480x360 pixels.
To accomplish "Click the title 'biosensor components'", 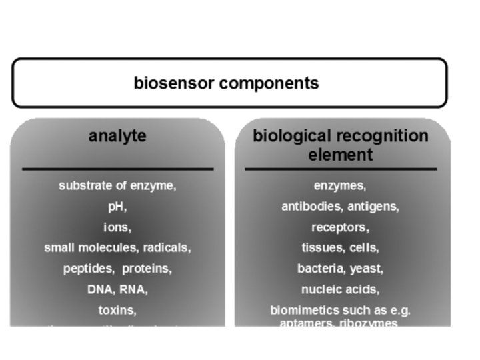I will (x=226, y=83).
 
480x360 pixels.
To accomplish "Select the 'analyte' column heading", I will (x=117, y=136).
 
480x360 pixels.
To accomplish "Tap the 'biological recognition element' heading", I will (x=340, y=145).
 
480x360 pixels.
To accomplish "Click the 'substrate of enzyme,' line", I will (x=117, y=186).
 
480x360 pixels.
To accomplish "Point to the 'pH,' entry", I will (x=117, y=207).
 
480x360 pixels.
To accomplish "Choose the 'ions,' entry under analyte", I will (x=117, y=227).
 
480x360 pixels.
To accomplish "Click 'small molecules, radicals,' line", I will (x=117, y=248).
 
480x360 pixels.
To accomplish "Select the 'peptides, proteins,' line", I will (x=117, y=269).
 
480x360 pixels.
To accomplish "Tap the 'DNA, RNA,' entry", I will (x=117, y=289).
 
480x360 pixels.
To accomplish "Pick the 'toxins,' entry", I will (x=117, y=310).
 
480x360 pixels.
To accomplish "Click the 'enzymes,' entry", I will (x=340, y=186).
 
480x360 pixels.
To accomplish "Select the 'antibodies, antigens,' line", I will (x=340, y=207).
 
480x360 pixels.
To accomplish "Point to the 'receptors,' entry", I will (x=340, y=227).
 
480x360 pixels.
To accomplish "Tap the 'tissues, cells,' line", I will (x=340, y=248).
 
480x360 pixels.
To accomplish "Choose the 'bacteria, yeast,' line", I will (x=340, y=269).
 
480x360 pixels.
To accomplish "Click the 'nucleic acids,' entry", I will (x=340, y=289).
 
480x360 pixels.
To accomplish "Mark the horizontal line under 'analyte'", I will (x=117, y=169).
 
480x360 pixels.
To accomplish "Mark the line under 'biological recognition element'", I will (x=340, y=169).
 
